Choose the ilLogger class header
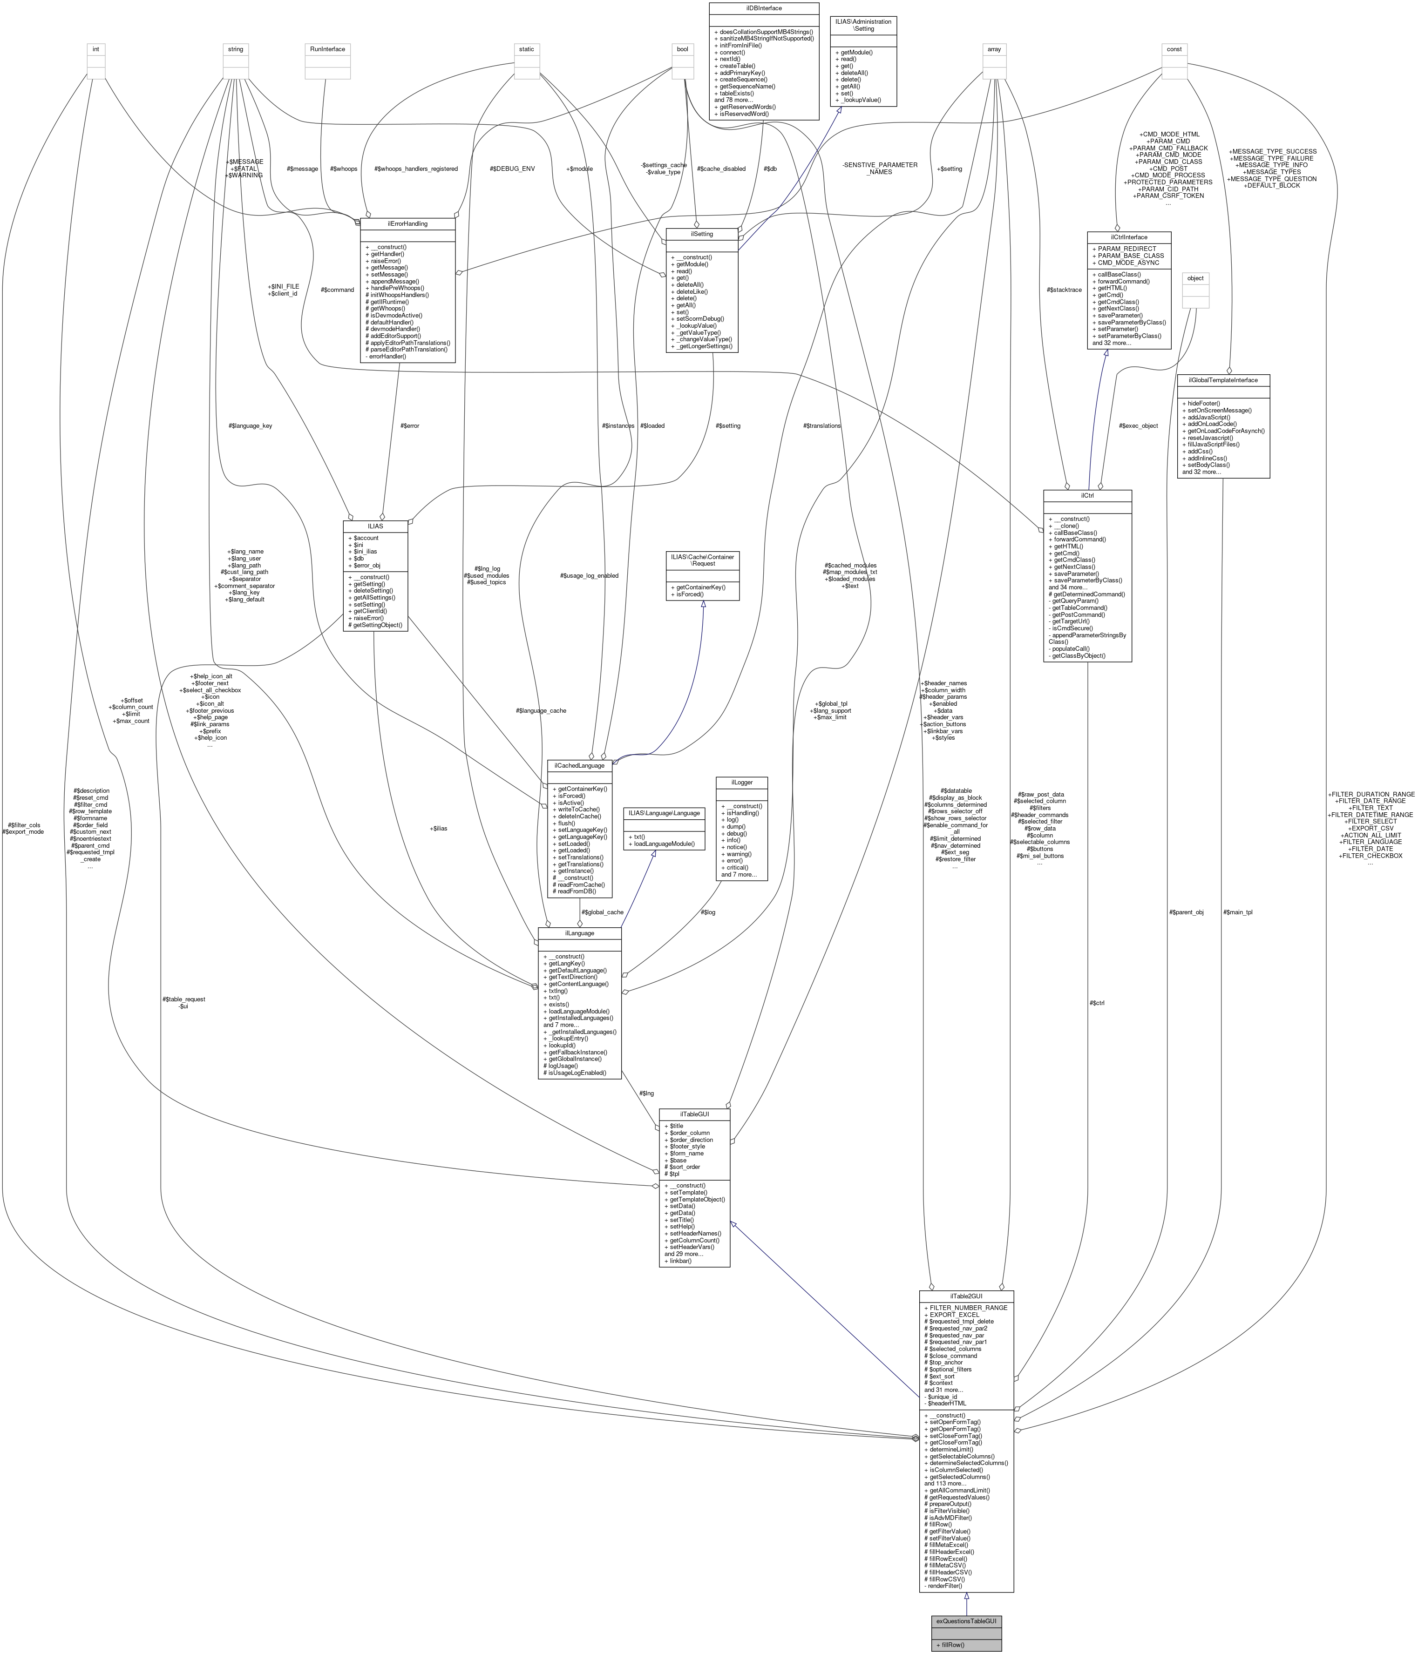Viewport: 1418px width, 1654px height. [x=742, y=782]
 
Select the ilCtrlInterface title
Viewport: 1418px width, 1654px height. [x=1128, y=237]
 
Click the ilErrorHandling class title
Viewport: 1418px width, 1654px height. [x=407, y=223]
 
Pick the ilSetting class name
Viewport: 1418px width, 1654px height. [x=702, y=234]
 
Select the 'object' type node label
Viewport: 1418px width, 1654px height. [x=1195, y=278]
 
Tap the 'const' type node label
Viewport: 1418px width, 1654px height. [x=1174, y=49]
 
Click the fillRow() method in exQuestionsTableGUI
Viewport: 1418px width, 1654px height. [x=950, y=1644]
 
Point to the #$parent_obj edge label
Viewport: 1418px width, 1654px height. [x=1186, y=911]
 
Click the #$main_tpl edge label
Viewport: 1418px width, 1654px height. [x=1238, y=911]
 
